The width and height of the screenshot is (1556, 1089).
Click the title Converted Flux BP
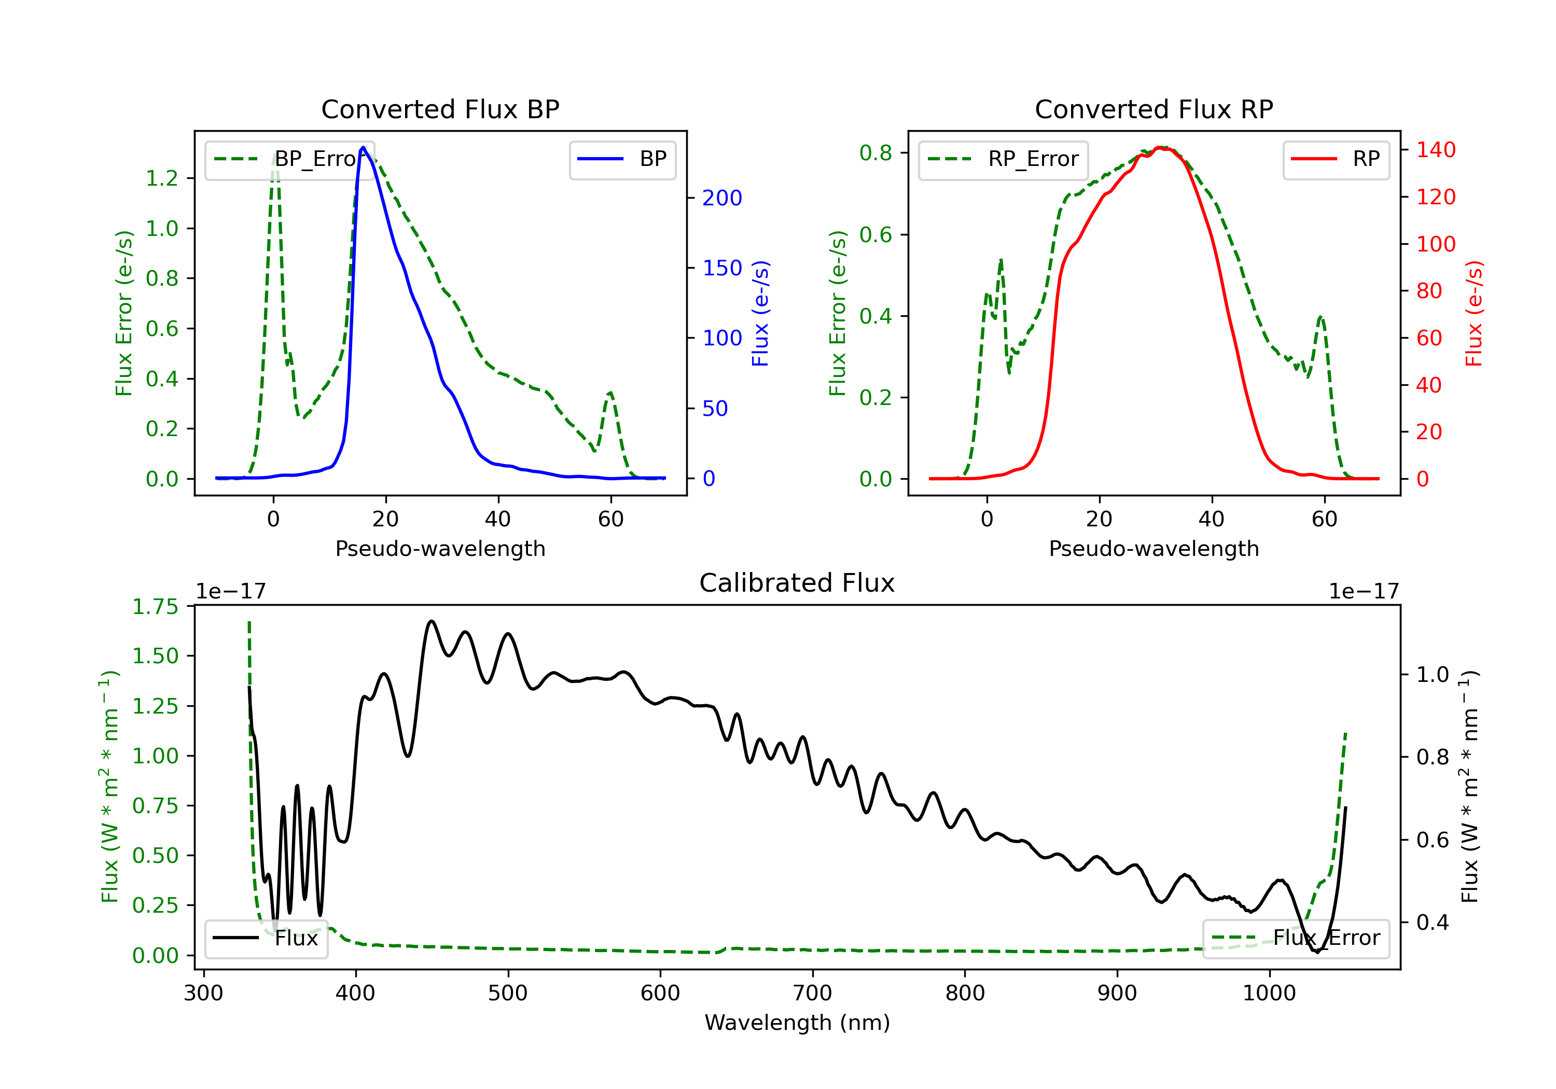coord(440,109)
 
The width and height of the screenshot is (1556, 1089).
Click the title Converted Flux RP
coord(1154,109)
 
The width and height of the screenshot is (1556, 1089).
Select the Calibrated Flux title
coord(797,583)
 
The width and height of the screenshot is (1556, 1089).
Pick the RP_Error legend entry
coord(1003,159)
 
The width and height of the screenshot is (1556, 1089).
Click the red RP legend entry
coord(1336,159)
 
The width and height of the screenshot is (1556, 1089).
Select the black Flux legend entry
coord(267,939)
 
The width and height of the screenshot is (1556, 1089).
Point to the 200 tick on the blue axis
coord(722,198)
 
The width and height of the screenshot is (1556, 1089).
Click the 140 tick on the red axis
coord(1435,150)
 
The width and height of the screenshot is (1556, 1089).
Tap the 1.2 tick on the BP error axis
coord(162,178)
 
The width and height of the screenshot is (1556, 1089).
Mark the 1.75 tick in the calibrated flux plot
coord(155,607)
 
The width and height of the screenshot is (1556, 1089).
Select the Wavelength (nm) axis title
coord(797,1023)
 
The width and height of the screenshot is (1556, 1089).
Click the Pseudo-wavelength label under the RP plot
coord(1154,548)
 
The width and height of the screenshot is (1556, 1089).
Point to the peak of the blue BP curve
coord(363,147)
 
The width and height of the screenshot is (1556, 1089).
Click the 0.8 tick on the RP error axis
coord(876,153)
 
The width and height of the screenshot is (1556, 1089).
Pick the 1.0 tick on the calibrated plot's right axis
coord(1433,675)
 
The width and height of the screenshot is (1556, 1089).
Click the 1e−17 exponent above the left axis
coord(231,592)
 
